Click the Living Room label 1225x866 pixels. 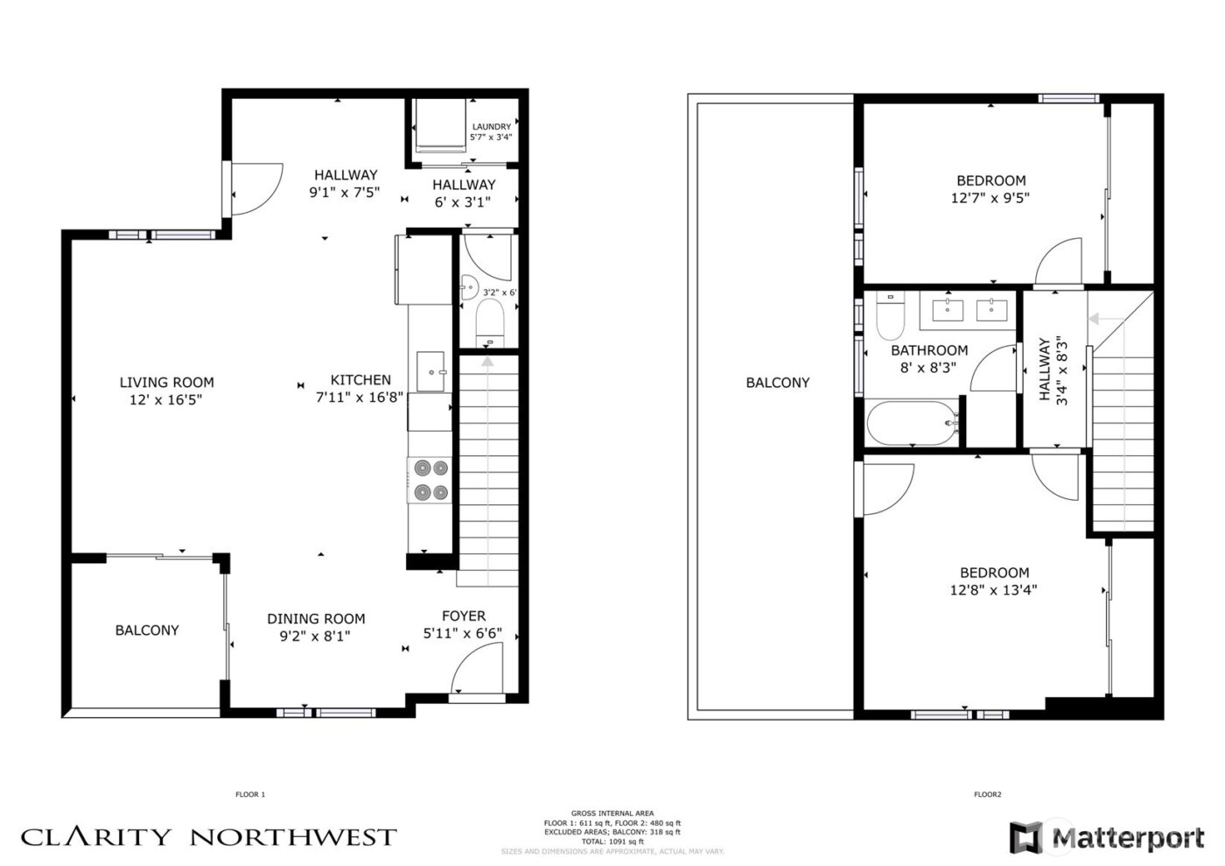tap(166, 382)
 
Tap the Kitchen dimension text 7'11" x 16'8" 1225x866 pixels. tap(360, 397)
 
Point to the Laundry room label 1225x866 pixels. tap(491, 127)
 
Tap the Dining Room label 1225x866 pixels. tap(316, 618)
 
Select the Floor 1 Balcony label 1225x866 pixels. tap(147, 630)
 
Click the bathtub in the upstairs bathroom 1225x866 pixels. tap(910, 424)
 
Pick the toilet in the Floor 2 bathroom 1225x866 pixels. tap(890, 317)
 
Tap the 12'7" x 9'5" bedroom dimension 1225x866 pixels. tap(990, 198)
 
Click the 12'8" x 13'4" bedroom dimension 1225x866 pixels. tap(994, 589)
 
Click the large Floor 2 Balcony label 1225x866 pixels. tap(777, 382)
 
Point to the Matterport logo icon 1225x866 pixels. tap(1025, 837)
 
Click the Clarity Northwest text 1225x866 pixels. tap(208, 837)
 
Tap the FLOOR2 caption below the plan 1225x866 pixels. tap(987, 795)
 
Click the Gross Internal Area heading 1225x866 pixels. tap(612, 813)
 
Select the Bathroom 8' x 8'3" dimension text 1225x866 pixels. tap(928, 368)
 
